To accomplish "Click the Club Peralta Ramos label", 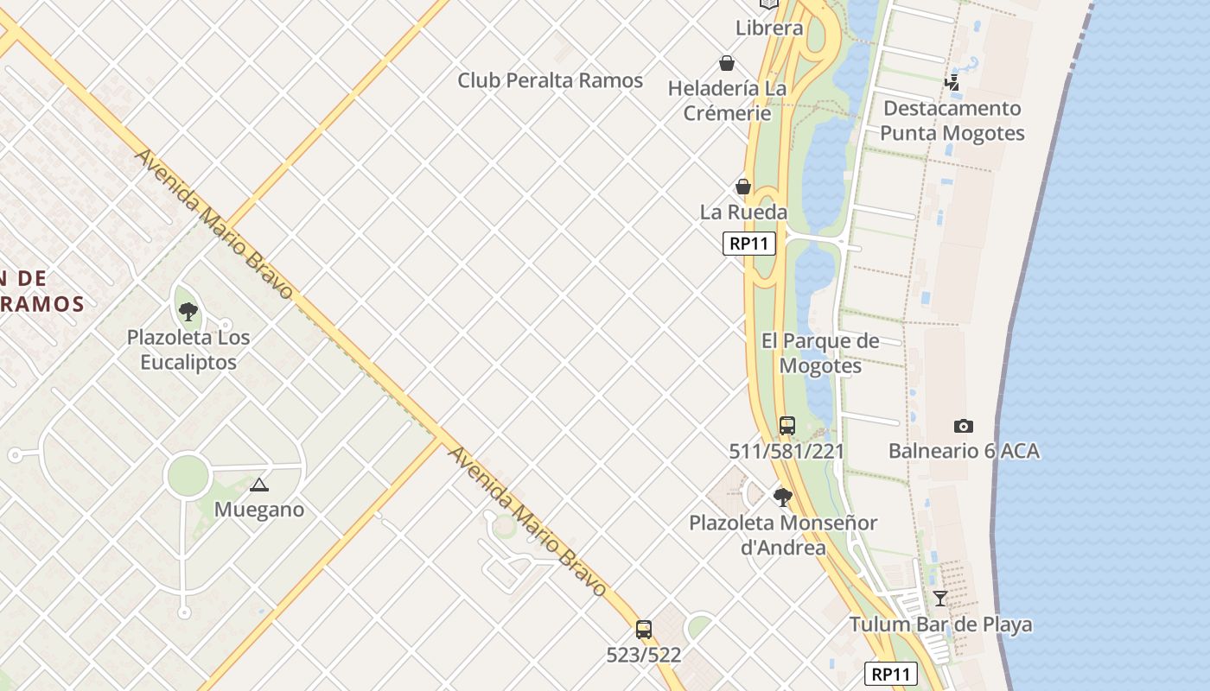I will coord(550,80).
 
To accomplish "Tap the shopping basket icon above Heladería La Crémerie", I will coord(727,63).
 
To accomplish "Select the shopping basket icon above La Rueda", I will coord(742,187).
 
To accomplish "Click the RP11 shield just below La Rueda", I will coord(748,244).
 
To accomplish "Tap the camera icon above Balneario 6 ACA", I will coord(963,426).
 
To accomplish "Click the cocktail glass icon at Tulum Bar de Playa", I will coord(939,598).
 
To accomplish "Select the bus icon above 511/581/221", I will coord(786,426).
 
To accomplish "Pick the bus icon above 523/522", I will coord(643,630).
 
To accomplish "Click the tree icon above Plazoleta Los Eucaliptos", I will coord(188,312).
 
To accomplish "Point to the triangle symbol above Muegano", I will coord(258,485).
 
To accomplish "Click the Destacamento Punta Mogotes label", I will coord(952,121).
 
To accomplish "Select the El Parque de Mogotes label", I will coord(820,353).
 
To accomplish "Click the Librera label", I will coord(769,28).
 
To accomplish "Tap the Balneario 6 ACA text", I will coord(964,451).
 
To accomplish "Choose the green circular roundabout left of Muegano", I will coord(188,476).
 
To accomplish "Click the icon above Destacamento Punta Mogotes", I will coord(952,83).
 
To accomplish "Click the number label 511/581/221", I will coord(786,451).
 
